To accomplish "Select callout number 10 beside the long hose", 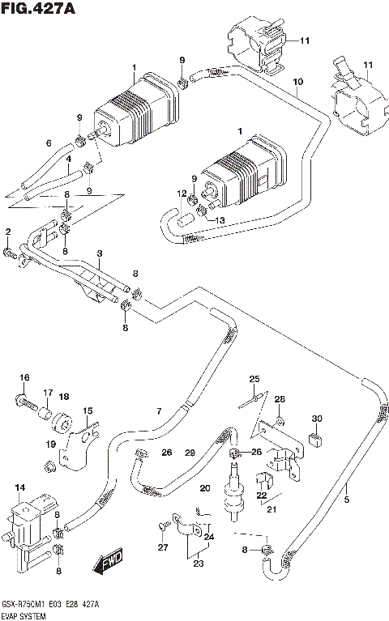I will [297, 83].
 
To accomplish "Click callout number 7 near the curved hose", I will [159, 412].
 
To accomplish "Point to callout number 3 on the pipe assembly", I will [98, 255].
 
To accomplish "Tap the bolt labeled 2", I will [11, 254].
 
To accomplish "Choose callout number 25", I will [254, 380].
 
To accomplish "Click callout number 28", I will [280, 399].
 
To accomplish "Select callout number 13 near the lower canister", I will [221, 219].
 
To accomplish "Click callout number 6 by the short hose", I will [48, 143].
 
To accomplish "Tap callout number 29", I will [190, 453].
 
